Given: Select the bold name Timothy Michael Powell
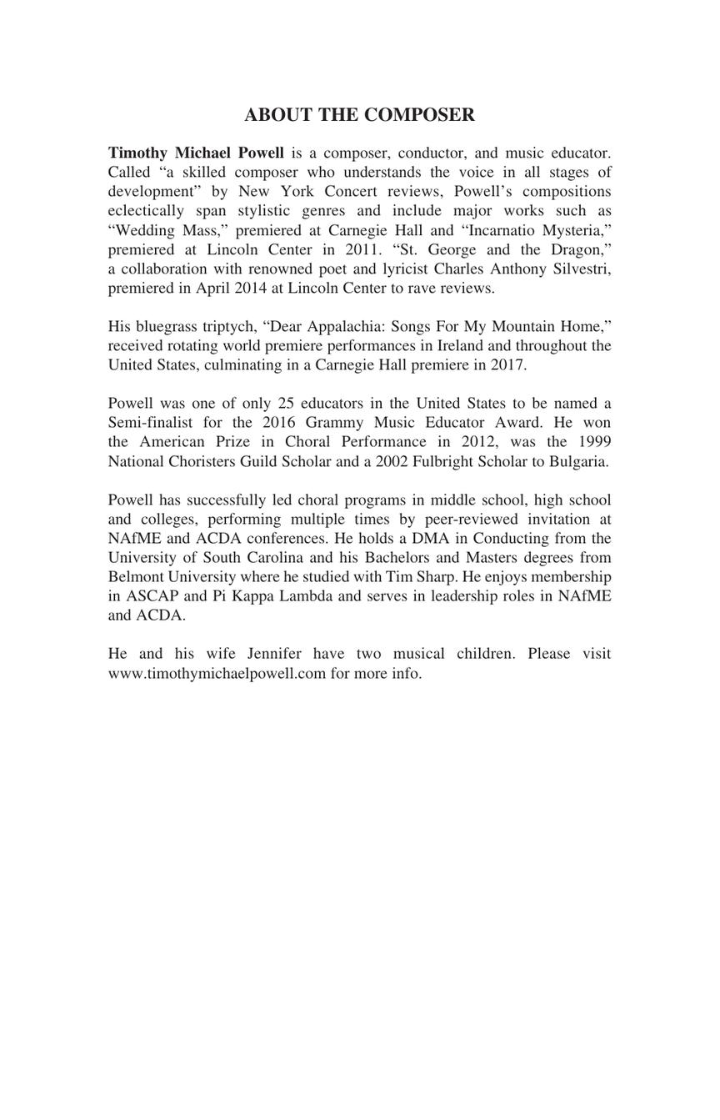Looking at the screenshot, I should click(196, 153).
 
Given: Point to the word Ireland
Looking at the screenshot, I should click(461, 346).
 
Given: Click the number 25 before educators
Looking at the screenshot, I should click(286, 404).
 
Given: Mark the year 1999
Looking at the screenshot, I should click(594, 442).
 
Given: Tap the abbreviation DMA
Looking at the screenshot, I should click(429, 539).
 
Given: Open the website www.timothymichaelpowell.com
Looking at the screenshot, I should click(217, 674).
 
